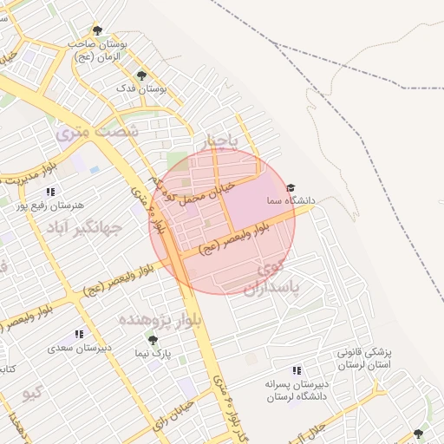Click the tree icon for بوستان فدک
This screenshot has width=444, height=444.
(x=141, y=75)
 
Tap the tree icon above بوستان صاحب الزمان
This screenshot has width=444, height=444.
(x=97, y=31)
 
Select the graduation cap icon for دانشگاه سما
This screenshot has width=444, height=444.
(x=291, y=187)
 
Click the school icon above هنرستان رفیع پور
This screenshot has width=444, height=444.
(x=50, y=192)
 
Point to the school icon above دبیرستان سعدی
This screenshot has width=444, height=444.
(x=79, y=334)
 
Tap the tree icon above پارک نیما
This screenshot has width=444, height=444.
(x=153, y=340)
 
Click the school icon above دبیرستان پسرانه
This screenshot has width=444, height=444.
(x=297, y=370)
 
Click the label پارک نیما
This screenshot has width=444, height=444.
(x=156, y=354)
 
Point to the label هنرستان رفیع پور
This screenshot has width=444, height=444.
(x=40, y=206)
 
